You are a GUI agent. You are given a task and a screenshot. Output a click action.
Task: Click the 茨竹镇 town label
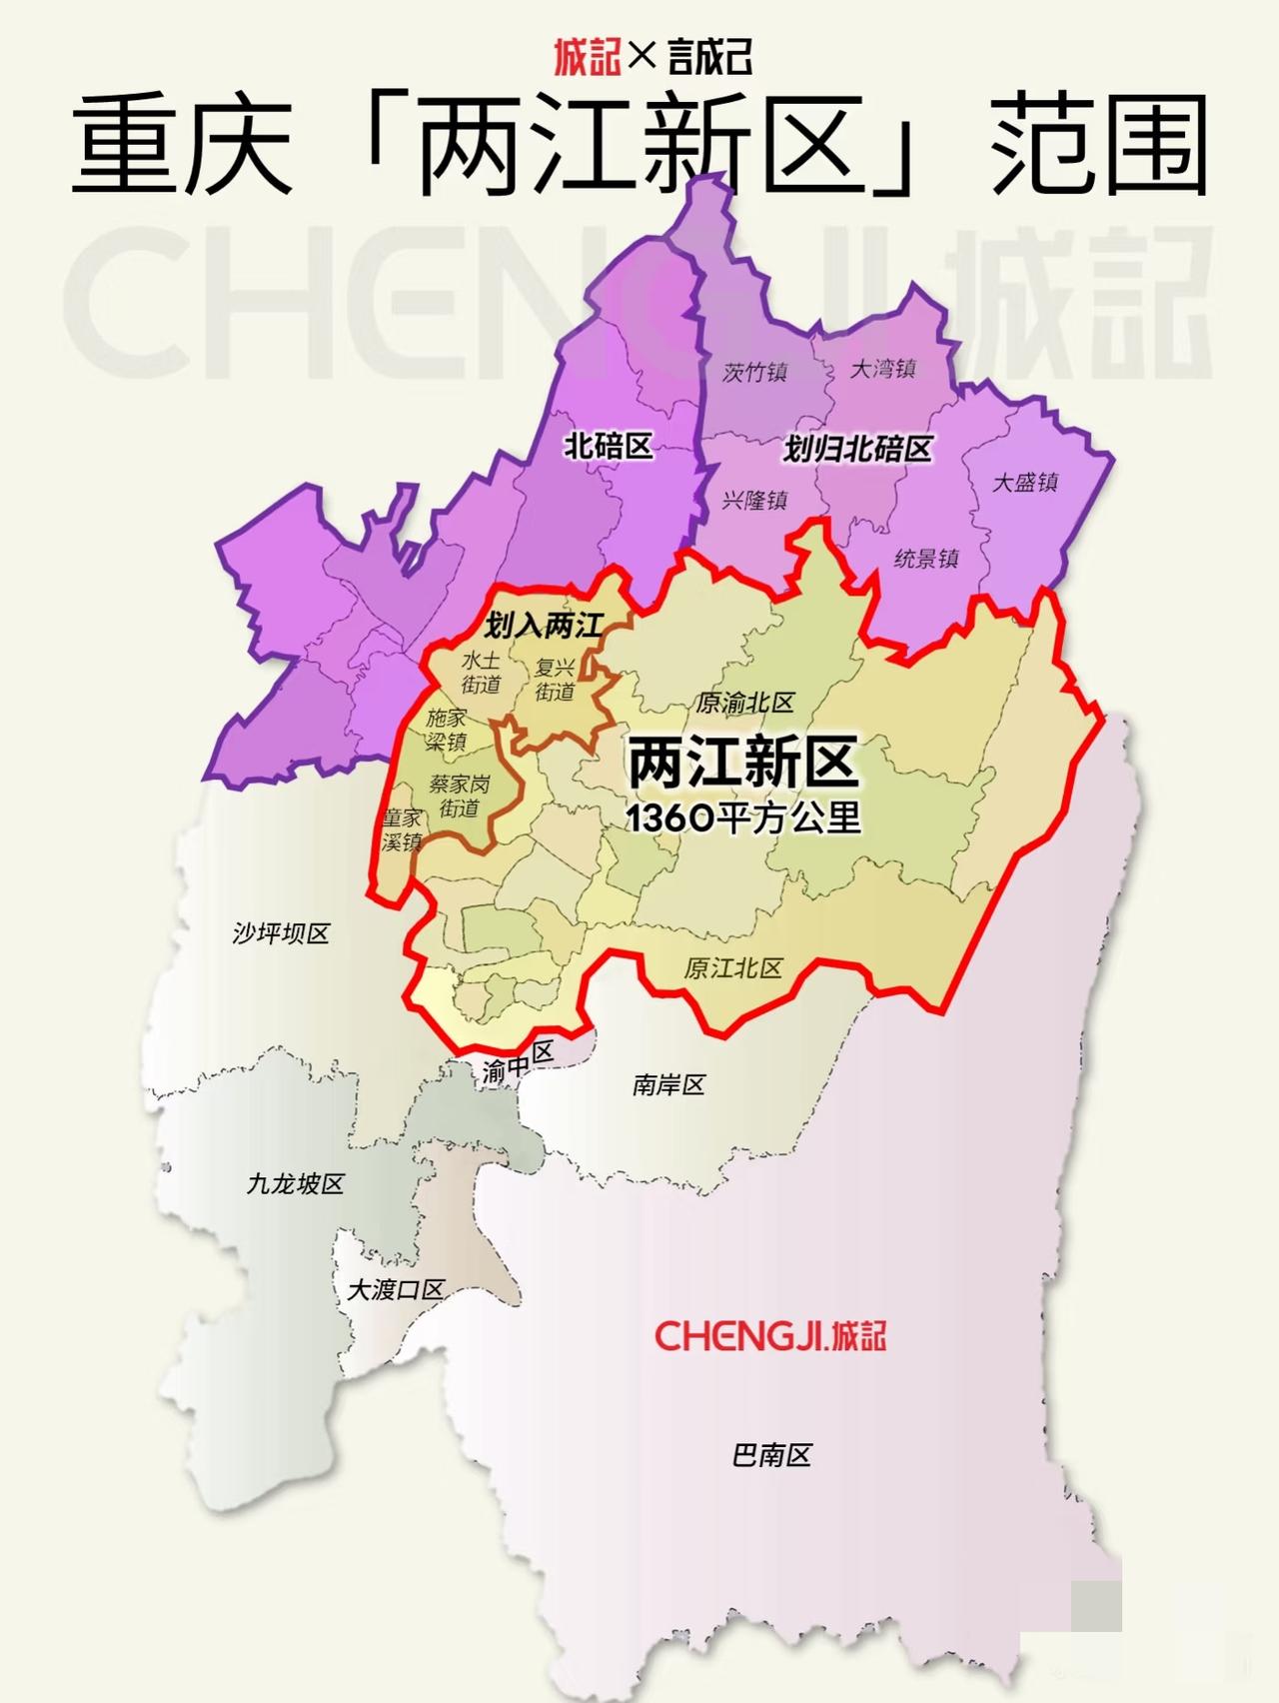[755, 372]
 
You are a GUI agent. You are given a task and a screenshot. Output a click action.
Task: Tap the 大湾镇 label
[883, 369]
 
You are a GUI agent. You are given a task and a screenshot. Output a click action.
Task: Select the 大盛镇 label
[1024, 482]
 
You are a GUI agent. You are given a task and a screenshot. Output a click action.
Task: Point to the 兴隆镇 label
[755, 500]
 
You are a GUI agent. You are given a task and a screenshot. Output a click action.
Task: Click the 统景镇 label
[926, 559]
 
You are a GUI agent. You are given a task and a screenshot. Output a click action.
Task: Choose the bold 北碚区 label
[609, 446]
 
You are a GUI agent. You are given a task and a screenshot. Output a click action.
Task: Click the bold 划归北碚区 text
[857, 449]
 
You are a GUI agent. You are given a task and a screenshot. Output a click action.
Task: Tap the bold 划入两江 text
[544, 627]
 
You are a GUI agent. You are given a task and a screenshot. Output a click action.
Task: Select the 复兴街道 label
[555, 680]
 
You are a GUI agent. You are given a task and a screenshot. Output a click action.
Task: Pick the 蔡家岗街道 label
[460, 796]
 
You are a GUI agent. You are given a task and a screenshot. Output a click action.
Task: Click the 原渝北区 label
[745, 703]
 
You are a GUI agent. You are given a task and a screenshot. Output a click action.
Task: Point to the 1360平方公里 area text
[743, 819]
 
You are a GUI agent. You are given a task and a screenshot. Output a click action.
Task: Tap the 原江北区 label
[733, 968]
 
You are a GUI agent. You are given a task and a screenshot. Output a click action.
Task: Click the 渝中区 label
[518, 1062]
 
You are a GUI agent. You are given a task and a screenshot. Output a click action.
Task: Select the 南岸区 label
[668, 1084]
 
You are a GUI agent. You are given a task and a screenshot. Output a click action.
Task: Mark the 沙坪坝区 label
[281, 933]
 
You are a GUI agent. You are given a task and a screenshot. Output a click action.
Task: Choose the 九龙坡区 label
[296, 1184]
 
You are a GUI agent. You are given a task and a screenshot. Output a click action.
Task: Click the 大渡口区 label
[395, 1289]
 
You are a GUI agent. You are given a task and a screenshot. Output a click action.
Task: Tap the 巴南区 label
[771, 1455]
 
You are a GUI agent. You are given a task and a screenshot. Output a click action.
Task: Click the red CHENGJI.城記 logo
[770, 1335]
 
